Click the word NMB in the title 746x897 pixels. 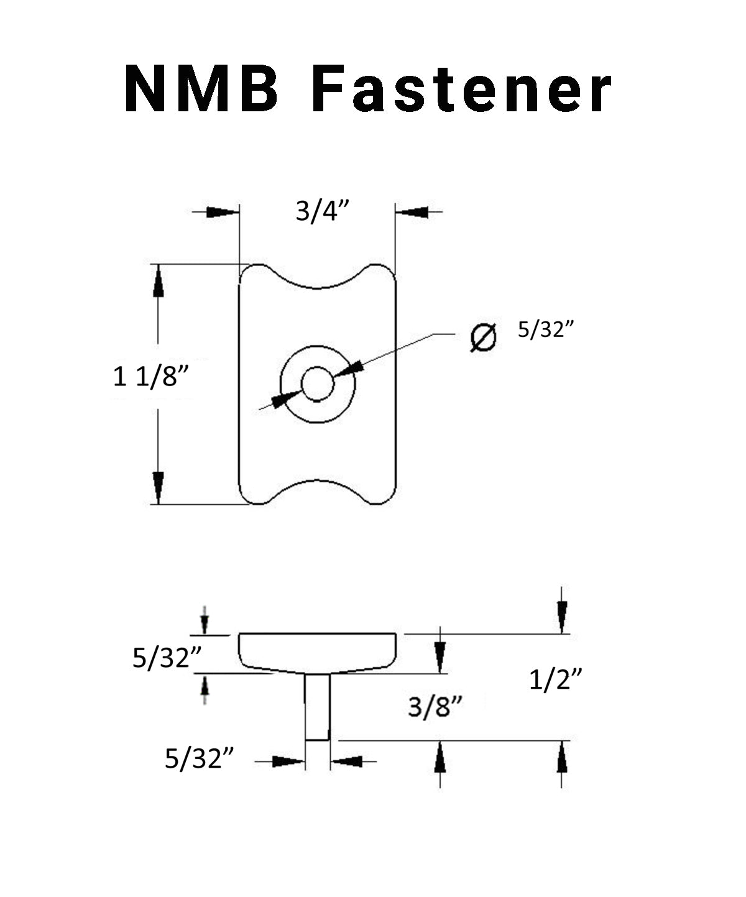pyautogui.click(x=201, y=90)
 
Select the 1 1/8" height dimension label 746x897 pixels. pyautogui.click(x=150, y=377)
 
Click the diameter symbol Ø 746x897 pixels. pyautogui.click(x=484, y=338)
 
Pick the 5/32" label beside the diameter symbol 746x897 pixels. pyautogui.click(x=545, y=330)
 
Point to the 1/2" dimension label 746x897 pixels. pyautogui.click(x=555, y=681)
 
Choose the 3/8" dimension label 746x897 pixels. pyautogui.click(x=436, y=707)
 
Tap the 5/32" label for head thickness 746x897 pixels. pyautogui.click(x=161, y=658)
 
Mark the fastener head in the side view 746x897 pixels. pyautogui.click(x=317, y=650)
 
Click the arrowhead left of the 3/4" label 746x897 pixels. pyautogui.click(x=222, y=212)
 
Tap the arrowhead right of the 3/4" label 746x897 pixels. pyautogui.click(x=412, y=212)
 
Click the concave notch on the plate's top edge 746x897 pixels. pyautogui.click(x=317, y=285)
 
